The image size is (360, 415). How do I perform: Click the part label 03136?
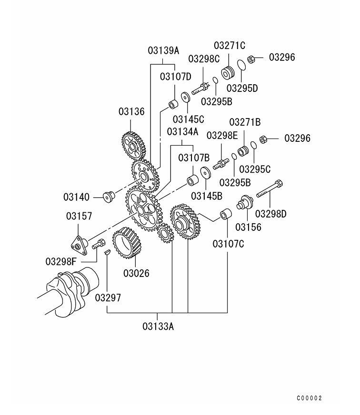pos(131,112)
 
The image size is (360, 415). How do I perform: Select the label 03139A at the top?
pos(163,50)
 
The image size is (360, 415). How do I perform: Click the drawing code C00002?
pos(310,398)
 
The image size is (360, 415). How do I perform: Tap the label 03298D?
pos(271,214)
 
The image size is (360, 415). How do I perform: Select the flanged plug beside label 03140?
pos(108,196)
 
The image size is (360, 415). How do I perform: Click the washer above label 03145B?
pos(206,174)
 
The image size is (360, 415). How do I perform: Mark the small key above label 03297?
pos(107,250)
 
